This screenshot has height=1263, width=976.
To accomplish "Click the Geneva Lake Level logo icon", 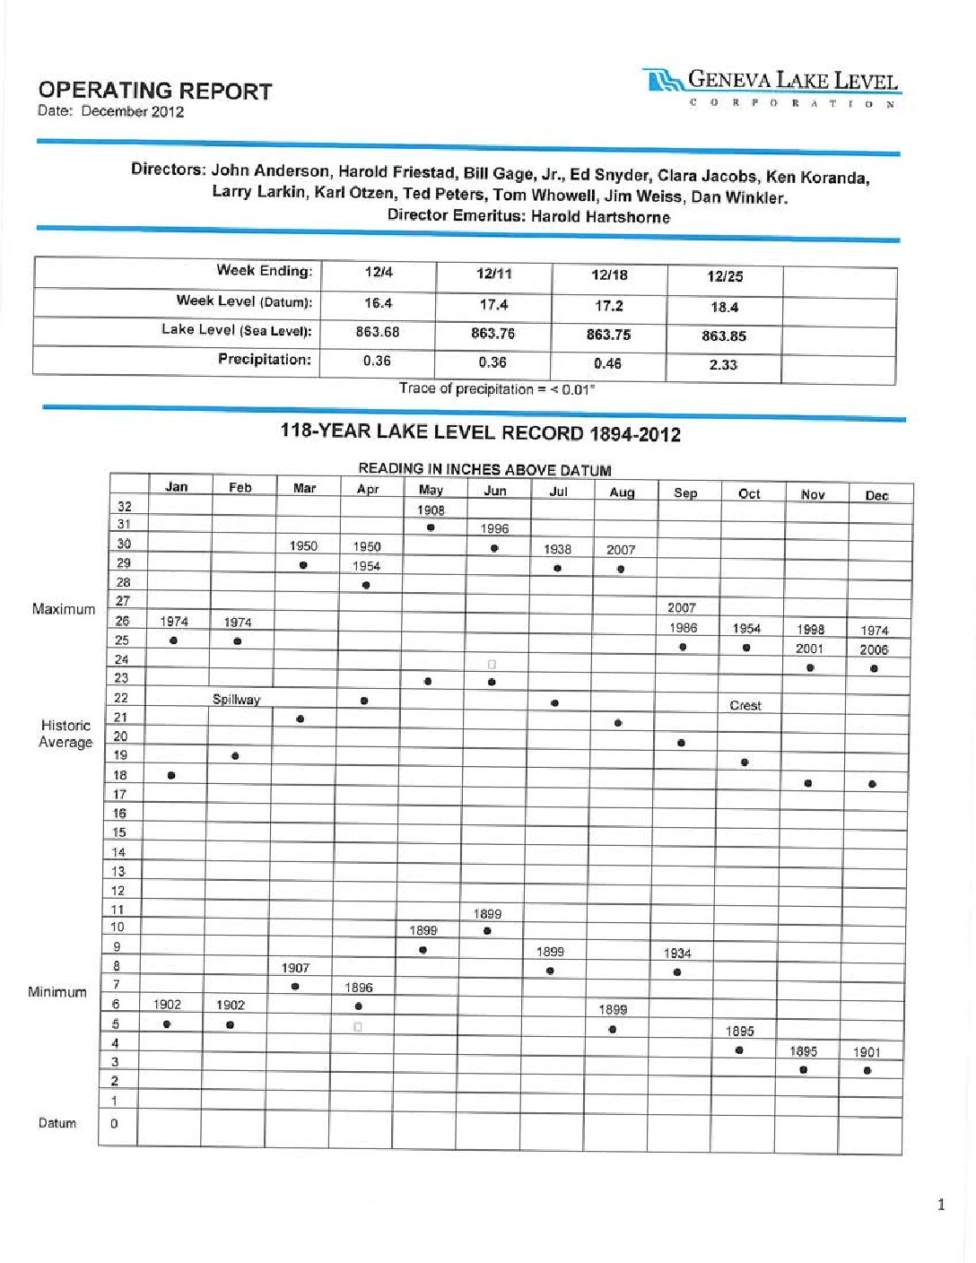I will pyautogui.click(x=663, y=82).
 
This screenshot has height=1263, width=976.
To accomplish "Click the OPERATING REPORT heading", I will pyautogui.click(x=154, y=91).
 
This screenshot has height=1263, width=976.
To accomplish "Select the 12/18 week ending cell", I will pyautogui.click(x=609, y=275).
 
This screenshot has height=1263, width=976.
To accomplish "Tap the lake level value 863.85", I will pyautogui.click(x=723, y=336).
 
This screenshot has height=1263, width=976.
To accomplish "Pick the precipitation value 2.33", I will pyautogui.click(x=723, y=365).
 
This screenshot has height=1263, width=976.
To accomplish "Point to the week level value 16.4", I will pyautogui.click(x=378, y=303).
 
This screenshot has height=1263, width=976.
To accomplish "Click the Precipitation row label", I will pyautogui.click(x=264, y=360).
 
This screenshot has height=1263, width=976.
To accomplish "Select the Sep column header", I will pyautogui.click(x=685, y=492).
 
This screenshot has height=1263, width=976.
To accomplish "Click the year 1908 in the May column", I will pyautogui.click(x=431, y=510).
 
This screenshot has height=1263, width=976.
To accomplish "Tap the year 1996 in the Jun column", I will pyautogui.click(x=494, y=528).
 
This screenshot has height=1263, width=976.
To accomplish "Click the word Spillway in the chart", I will pyautogui.click(x=236, y=699).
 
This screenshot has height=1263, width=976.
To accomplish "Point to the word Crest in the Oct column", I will pyautogui.click(x=745, y=705).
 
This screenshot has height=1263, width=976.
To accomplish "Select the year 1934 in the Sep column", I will pyautogui.click(x=677, y=953).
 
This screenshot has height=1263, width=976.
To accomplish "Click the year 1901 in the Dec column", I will pyautogui.click(x=867, y=1051).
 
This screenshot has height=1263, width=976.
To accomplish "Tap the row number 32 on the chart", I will pyautogui.click(x=124, y=506).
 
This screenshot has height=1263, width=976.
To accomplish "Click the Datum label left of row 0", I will pyautogui.click(x=57, y=1122).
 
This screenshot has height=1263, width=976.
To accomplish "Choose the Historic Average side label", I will pyautogui.click(x=65, y=733).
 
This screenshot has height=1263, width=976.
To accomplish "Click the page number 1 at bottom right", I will pyautogui.click(x=940, y=1204).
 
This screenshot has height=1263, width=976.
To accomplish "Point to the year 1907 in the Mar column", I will pyautogui.click(x=295, y=967).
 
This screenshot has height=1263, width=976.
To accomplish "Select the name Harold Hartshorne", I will pyautogui.click(x=600, y=216).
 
